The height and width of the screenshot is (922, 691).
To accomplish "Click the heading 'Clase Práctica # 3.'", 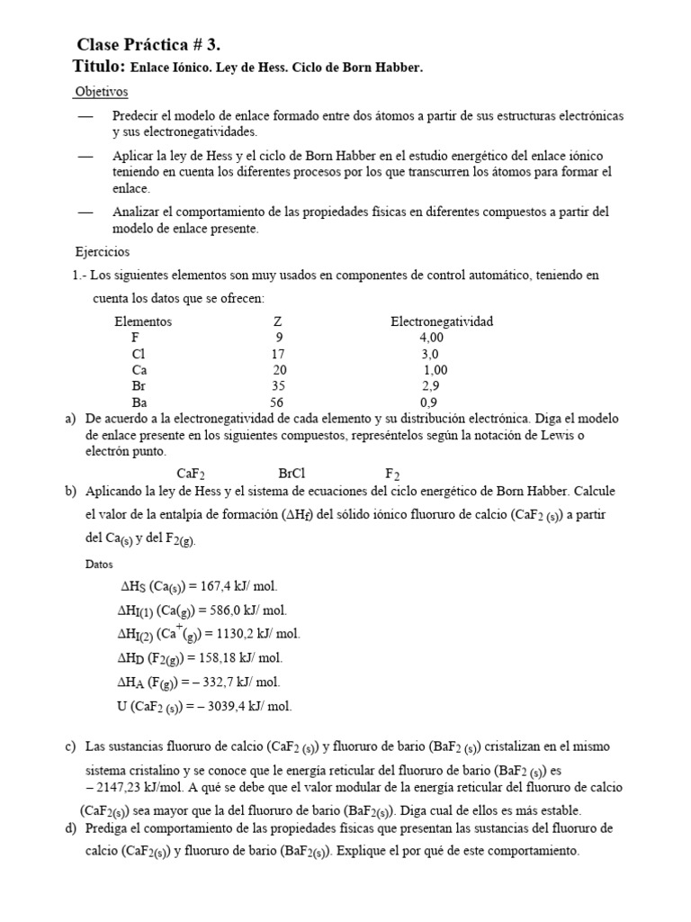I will click(x=148, y=44).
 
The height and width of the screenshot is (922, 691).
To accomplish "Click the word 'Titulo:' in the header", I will click(x=98, y=67).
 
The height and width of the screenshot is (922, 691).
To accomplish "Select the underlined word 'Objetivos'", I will click(x=102, y=92).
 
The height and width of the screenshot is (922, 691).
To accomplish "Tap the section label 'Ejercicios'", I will click(x=102, y=251).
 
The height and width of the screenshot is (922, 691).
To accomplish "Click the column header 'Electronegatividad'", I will click(x=441, y=321).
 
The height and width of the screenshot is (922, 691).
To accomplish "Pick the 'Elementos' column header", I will click(x=143, y=321).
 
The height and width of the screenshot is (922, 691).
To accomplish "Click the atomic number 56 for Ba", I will click(x=277, y=402).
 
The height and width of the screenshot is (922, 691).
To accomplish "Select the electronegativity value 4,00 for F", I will click(x=431, y=338).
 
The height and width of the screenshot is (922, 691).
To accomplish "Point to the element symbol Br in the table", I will click(x=139, y=386).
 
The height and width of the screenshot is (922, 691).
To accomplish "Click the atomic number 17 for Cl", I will click(x=277, y=354).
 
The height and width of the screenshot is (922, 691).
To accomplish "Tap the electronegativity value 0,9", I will click(x=429, y=402).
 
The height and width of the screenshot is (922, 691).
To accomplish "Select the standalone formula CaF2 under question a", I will click(x=193, y=474).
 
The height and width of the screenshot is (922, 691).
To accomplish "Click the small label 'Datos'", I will click(x=100, y=564).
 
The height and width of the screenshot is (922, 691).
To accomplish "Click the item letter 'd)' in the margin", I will click(x=71, y=827).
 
